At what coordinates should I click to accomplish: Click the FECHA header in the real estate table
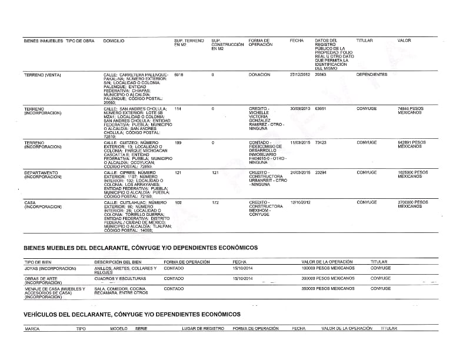(297, 41)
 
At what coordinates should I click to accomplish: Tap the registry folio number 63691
(321, 109)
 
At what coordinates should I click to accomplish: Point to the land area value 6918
(179, 75)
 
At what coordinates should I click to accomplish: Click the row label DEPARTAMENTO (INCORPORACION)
(41, 175)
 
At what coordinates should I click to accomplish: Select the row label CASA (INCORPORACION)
(42, 205)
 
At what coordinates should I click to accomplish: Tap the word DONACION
(259, 75)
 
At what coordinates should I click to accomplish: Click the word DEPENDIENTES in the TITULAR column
(372, 75)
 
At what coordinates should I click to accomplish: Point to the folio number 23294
(321, 172)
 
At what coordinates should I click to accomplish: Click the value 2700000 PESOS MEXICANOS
(412, 204)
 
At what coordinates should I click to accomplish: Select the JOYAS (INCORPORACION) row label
(50, 268)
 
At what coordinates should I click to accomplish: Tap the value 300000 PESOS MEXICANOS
(328, 278)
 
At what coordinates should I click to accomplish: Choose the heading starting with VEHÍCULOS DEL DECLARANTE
(132, 315)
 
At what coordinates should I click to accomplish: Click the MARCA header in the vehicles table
(32, 329)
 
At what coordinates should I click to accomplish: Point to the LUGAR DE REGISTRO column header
(203, 329)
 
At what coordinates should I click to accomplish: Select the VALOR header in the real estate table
(404, 41)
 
